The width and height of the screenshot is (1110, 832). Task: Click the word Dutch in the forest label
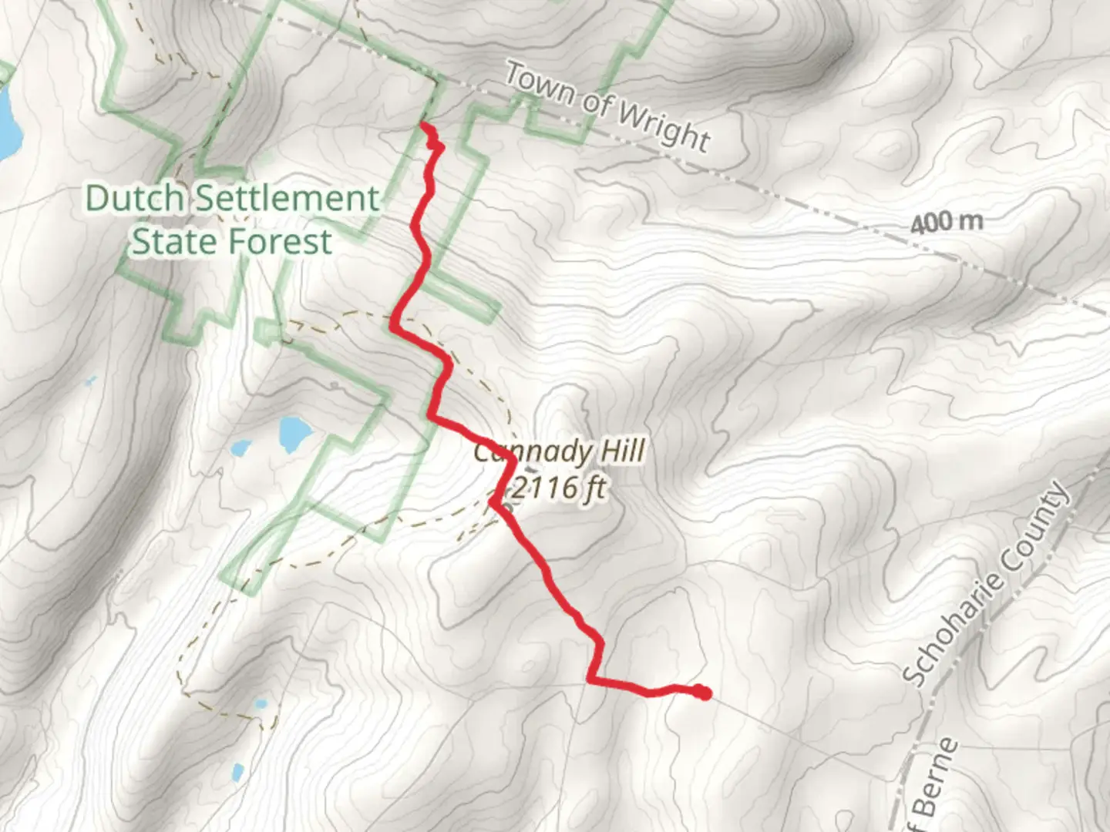click(134, 199)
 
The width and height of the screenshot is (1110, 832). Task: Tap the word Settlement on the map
click(285, 199)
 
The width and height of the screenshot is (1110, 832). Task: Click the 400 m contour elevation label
click(946, 223)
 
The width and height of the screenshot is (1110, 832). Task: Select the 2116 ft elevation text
click(559, 488)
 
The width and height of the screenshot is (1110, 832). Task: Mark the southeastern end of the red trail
click(704, 693)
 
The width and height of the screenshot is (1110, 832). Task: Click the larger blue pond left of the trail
click(292, 434)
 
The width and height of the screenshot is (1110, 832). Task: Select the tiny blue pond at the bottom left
click(237, 770)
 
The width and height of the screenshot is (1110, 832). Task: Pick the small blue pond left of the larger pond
click(240, 448)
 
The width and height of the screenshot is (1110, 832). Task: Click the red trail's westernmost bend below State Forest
click(395, 326)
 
